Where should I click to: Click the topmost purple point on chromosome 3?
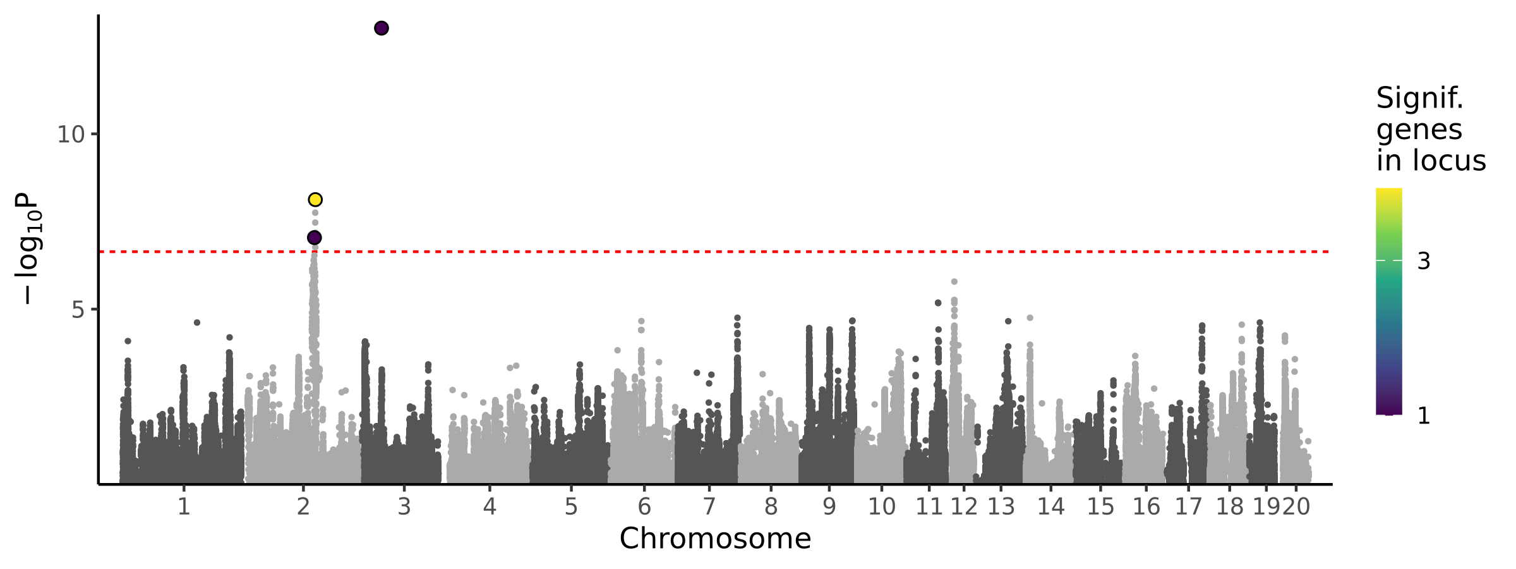pos(382,28)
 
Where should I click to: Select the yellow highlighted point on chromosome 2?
pos(315,200)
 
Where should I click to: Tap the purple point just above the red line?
pos(314,238)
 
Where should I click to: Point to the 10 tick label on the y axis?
pos(70,135)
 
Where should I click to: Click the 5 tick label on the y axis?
pos(78,310)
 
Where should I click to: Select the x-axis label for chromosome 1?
pos(184,507)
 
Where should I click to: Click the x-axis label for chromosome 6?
pos(644,507)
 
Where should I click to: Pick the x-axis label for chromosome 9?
pos(829,507)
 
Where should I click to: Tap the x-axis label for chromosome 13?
pos(1001,507)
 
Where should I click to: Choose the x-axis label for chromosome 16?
pos(1146,507)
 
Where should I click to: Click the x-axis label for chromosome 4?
pos(490,507)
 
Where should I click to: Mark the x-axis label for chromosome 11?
pos(929,507)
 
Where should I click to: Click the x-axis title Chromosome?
pos(715,539)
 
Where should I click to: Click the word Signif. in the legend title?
pos(1419,99)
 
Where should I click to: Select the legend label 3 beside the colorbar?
pos(1424,261)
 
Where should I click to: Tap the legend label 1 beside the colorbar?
pos(1424,416)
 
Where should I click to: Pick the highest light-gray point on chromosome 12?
pos(954,282)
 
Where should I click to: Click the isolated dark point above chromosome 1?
pos(197,322)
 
